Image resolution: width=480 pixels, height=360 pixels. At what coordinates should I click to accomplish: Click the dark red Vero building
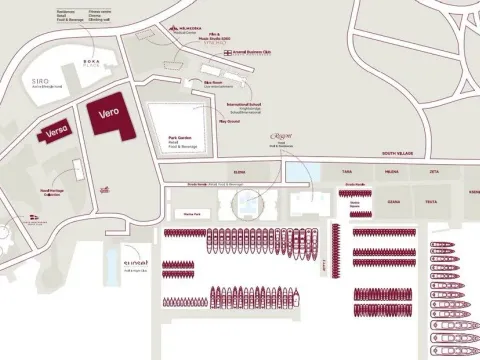(x=108, y=117)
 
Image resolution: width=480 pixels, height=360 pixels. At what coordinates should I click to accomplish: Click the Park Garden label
(x=166, y=139)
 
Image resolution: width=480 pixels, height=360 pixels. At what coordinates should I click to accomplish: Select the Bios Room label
(x=212, y=83)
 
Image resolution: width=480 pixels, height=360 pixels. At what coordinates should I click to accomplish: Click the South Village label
(x=397, y=154)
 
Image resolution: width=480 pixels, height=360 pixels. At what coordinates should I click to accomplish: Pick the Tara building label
(x=348, y=171)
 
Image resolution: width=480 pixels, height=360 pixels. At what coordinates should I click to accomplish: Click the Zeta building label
(x=433, y=171)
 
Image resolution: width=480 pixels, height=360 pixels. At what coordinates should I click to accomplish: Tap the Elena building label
(x=239, y=171)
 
